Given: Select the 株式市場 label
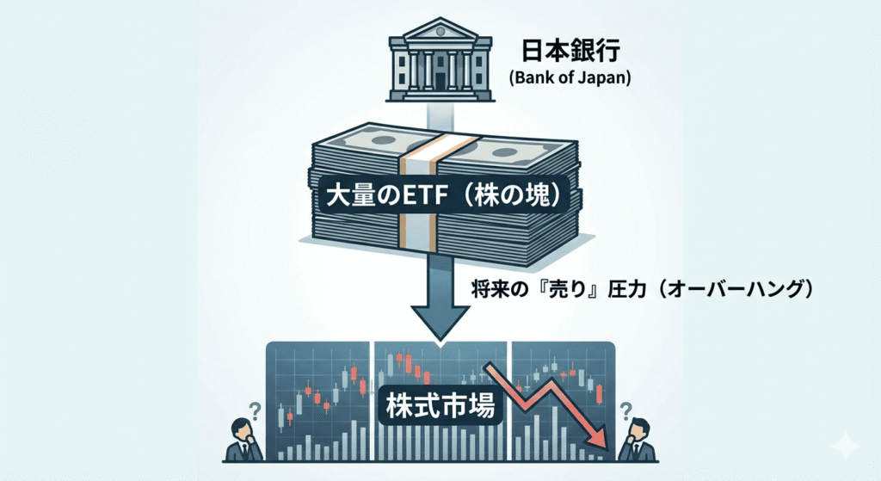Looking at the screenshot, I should click(x=440, y=404).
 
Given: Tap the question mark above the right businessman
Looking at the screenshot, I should click(x=625, y=407).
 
